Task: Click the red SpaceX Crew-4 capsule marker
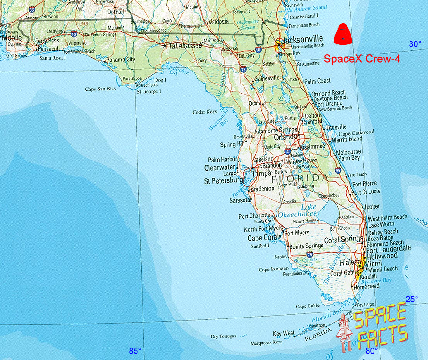pos(343,35)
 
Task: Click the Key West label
pos(284,333)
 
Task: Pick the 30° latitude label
pos(415,44)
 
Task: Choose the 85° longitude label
pos(135,351)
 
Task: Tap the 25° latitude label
pos(411,299)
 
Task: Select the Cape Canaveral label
pos(357,132)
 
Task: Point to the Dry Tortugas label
pos(223,336)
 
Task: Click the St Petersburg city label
pos(223,181)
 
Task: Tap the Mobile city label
pos(12,38)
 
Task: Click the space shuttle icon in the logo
pos(344,334)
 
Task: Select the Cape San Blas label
pos(101,89)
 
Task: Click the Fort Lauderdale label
pos(388,248)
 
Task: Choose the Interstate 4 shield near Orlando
pos(287,151)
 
